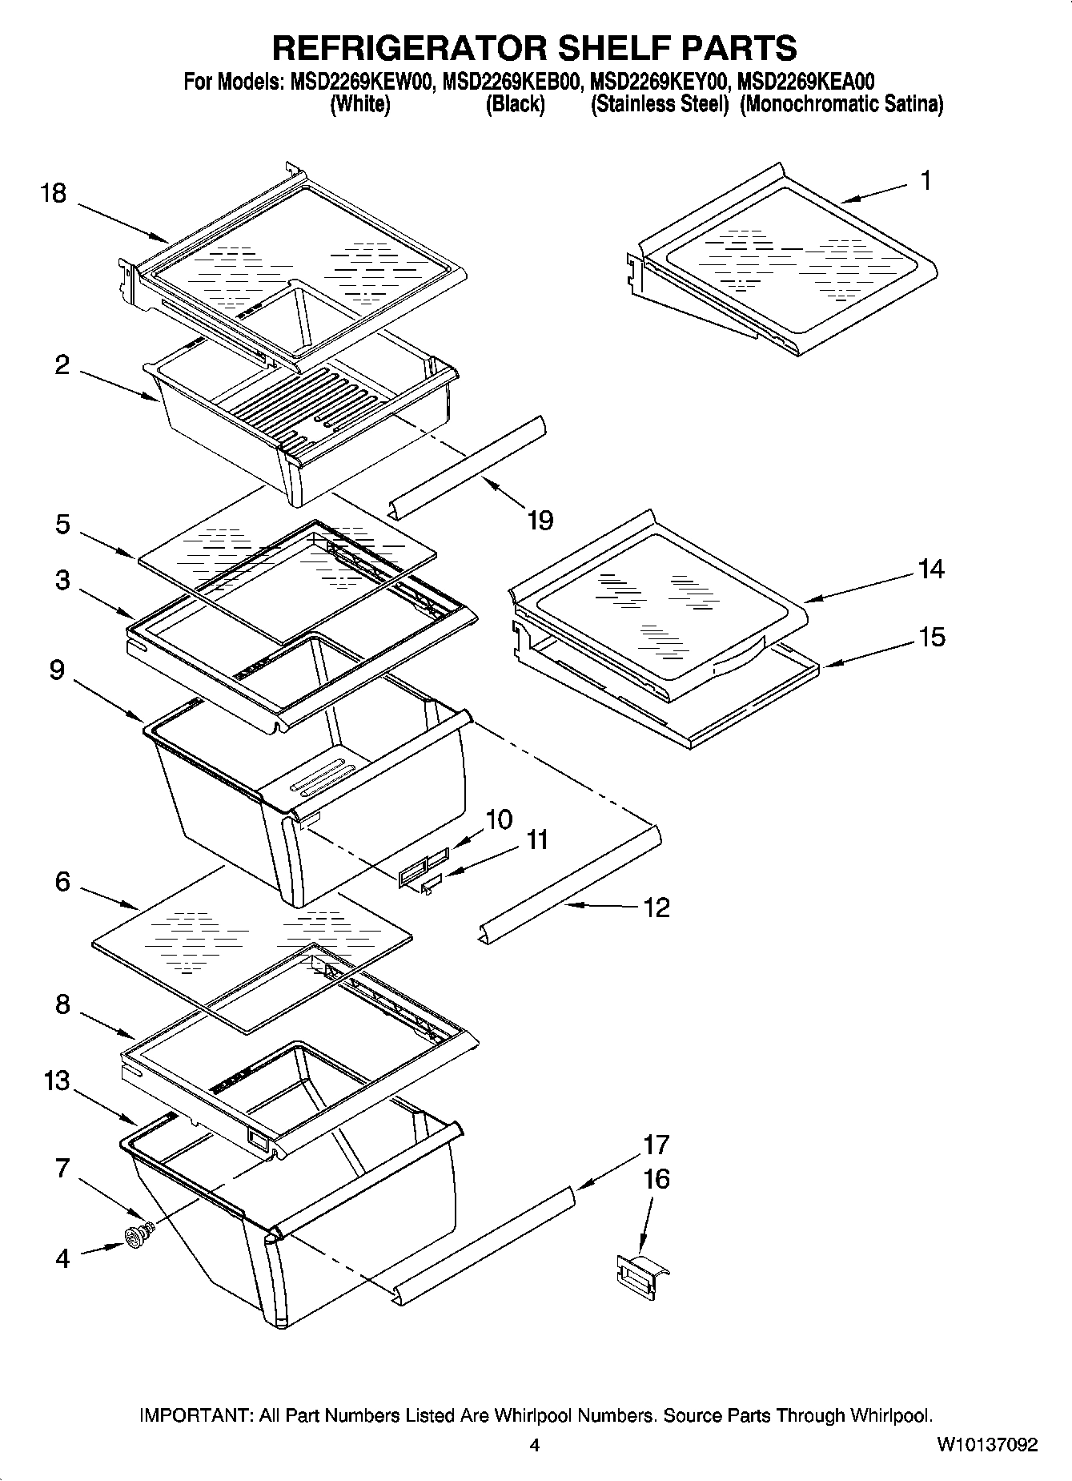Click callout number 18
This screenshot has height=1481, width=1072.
click(x=54, y=194)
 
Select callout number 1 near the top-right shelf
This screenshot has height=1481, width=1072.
click(x=925, y=182)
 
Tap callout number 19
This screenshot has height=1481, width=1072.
click(x=540, y=521)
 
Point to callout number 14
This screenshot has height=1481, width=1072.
click(x=931, y=569)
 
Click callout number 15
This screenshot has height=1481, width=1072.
click(x=931, y=638)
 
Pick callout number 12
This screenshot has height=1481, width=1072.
click(x=656, y=908)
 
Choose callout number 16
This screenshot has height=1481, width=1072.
click(x=656, y=1179)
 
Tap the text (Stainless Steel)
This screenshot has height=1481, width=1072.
click(x=660, y=105)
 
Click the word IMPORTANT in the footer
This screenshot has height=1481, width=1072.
click(x=195, y=1415)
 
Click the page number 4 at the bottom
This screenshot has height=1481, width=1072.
click(x=535, y=1445)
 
